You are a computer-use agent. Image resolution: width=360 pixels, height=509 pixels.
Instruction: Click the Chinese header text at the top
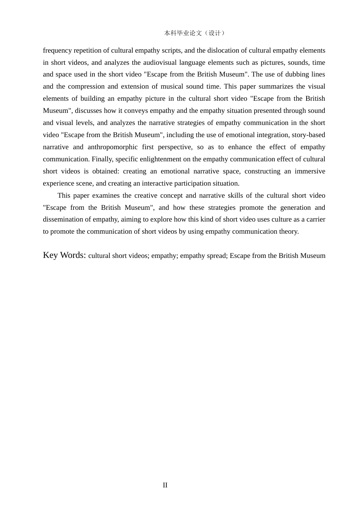[x=194, y=33]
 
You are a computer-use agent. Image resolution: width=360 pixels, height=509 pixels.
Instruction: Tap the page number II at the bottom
[x=165, y=485]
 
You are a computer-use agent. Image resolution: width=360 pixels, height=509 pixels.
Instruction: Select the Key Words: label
[x=64, y=255]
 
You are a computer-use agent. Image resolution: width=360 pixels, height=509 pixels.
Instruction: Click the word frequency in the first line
[x=57, y=50]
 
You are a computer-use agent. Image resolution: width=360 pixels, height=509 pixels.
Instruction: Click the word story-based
[x=308, y=135]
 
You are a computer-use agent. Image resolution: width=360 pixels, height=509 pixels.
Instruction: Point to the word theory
[x=288, y=231]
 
